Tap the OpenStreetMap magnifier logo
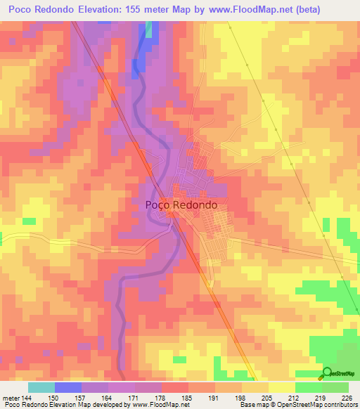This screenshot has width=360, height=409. coord(327,373)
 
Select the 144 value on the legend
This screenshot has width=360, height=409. coord(27,398)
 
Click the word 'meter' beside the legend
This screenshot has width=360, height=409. coord(10,398)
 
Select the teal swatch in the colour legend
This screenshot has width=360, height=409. coord(41,387)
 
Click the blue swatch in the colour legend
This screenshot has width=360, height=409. coord(68,387)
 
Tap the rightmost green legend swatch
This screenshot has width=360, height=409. coord(335,387)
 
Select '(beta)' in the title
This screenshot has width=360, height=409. coord(337,9)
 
